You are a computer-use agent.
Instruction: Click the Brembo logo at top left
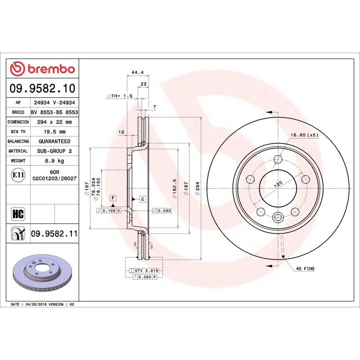(42, 68)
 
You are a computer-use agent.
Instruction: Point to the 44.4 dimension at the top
(137, 72)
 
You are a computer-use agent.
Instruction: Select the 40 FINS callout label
(305, 269)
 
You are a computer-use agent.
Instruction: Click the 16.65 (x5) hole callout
(304, 135)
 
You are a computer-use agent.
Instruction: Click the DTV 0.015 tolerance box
(147, 270)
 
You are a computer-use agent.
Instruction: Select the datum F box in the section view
(113, 198)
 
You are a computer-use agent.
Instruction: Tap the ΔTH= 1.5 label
(119, 96)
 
